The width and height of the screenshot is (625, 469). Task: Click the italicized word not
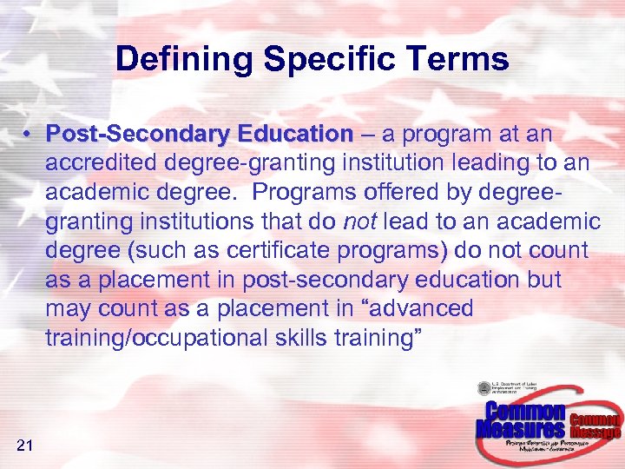[x=359, y=221]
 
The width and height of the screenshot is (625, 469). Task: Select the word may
[x=69, y=309]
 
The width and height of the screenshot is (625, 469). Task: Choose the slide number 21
[x=24, y=446]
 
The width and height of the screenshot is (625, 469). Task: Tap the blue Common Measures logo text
[x=522, y=420]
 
